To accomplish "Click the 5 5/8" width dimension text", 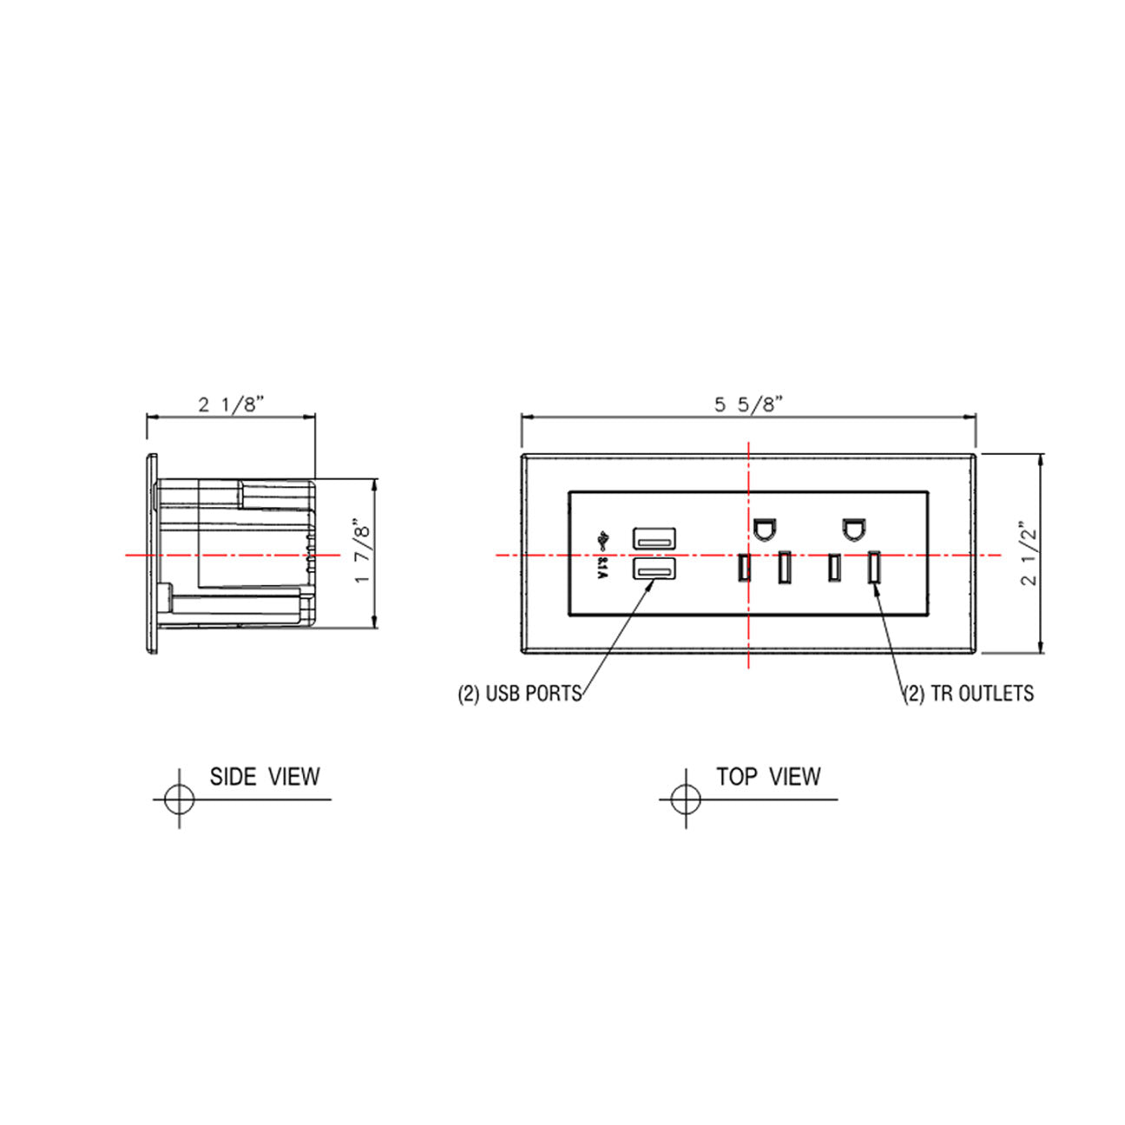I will tap(749, 404).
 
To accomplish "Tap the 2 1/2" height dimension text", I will tap(1030, 554).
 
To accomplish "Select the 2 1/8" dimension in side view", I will tap(230, 405).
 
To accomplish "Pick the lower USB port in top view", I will tap(655, 569).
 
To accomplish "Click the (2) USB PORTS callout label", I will tap(519, 694).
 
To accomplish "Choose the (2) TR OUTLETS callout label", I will tap(969, 693).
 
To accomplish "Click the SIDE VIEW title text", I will tap(265, 776).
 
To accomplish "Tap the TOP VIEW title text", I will tap(768, 776).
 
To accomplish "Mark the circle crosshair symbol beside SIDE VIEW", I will tap(179, 798).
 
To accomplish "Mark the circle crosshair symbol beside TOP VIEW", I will tap(686, 798).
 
